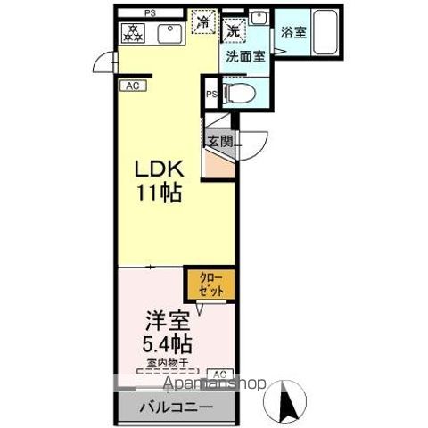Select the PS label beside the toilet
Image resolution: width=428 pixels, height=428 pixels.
[x=211, y=94]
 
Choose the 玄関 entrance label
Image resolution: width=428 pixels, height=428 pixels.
[x=220, y=141]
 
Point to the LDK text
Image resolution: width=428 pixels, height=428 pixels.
[x=158, y=169]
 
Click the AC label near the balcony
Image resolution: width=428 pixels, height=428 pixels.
[x=219, y=373]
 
